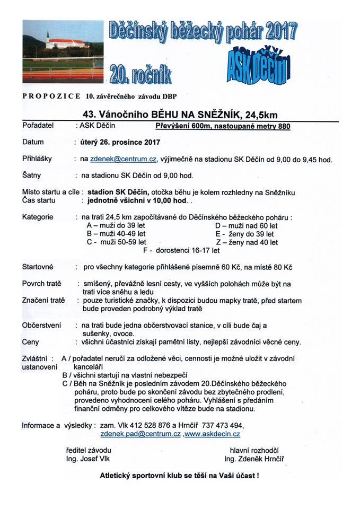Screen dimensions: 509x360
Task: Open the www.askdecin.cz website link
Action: (212, 434)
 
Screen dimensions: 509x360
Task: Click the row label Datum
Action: (33, 142)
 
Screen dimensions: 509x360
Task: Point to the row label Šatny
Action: (32, 175)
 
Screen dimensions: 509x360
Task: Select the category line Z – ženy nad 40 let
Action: (246, 242)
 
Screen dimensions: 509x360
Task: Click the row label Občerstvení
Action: (42, 324)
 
